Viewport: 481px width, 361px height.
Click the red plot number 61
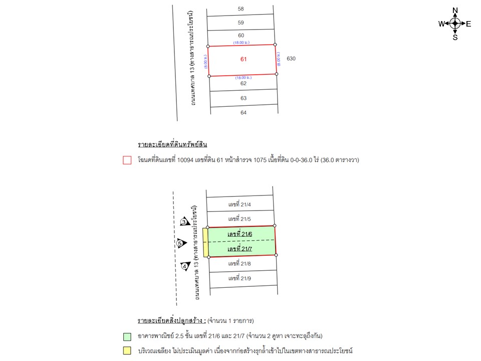tap(244, 59)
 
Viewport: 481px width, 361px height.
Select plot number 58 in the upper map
tap(241, 9)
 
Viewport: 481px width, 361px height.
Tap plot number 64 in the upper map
tap(244, 112)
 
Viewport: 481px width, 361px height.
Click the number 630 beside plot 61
tap(291, 59)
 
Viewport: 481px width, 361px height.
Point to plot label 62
tap(244, 84)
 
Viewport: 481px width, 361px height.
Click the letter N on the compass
tap(455, 11)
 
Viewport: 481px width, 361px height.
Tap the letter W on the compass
tap(441, 24)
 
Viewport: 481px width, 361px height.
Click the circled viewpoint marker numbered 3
tap(184, 222)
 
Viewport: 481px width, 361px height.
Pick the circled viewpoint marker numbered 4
tap(184, 266)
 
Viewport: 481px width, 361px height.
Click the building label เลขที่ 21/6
tap(239, 234)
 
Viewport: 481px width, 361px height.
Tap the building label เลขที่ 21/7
tap(239, 249)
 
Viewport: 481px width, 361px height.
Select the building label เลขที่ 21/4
tap(239, 204)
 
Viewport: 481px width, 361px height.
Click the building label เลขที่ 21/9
tap(239, 278)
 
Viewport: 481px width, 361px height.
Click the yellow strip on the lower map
tap(205, 243)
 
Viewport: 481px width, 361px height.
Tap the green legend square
tap(127, 336)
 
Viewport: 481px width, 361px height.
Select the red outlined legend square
tap(127, 160)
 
